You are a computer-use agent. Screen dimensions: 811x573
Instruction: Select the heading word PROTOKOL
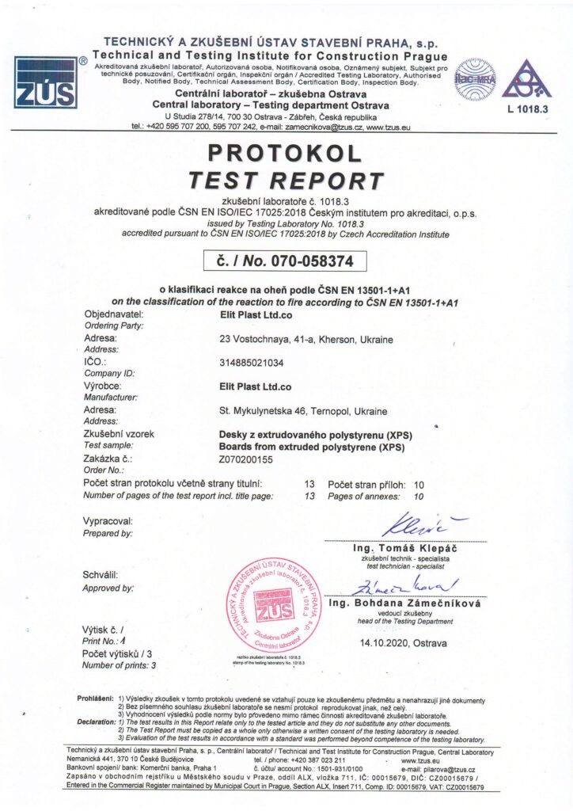pyautogui.click(x=286, y=153)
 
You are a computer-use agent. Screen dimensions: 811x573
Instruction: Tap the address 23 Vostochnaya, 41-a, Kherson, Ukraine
pyautogui.click(x=305, y=340)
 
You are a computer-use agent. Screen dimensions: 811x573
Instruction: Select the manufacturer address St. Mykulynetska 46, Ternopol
pyautogui.click(x=302, y=411)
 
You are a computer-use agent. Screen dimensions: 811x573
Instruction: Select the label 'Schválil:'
pyautogui.click(x=101, y=575)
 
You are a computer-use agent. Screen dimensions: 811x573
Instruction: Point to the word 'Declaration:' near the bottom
pyautogui.click(x=95, y=722)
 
